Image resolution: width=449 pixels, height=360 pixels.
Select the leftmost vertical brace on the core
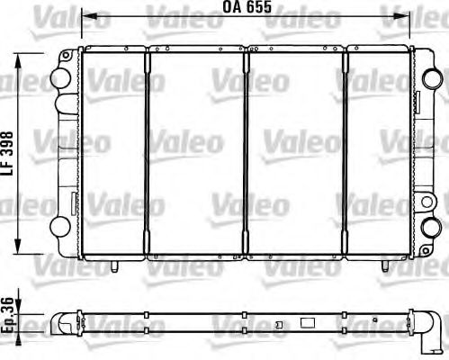pos(147,153)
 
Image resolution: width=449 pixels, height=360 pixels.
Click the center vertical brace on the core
pos(246,153)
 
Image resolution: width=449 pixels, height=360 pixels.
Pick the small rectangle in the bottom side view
pos(307,321)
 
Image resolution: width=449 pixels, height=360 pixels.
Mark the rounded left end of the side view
pos(59,320)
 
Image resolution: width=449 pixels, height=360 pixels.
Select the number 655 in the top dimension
pos(258,12)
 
